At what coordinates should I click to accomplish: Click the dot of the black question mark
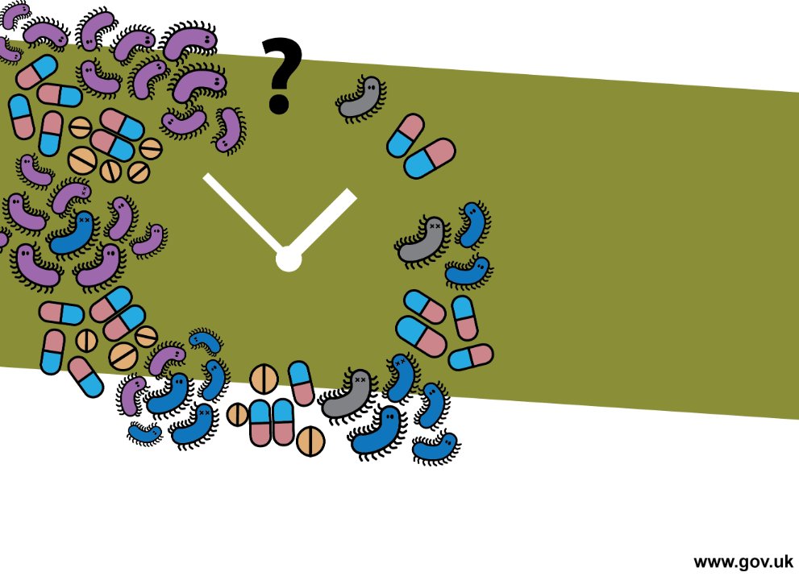click(279, 102)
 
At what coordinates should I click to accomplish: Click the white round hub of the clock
click(289, 259)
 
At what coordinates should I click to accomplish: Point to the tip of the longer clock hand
click(206, 176)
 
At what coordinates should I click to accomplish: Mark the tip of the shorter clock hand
click(352, 194)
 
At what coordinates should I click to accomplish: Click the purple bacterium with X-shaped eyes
click(71, 196)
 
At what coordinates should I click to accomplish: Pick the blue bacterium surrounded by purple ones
click(74, 235)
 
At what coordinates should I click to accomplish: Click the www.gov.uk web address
click(743, 561)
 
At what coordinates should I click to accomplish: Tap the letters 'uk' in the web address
click(783, 561)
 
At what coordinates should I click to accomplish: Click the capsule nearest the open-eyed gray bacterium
click(406, 135)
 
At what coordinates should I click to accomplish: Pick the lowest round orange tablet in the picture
click(310, 441)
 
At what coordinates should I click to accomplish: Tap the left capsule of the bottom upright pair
click(260, 423)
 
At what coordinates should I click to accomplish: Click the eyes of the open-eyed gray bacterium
click(371, 88)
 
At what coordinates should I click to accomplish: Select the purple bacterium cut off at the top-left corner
click(15, 15)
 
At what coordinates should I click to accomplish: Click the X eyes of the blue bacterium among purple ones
click(85, 219)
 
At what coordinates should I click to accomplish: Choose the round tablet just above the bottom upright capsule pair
click(264, 379)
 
